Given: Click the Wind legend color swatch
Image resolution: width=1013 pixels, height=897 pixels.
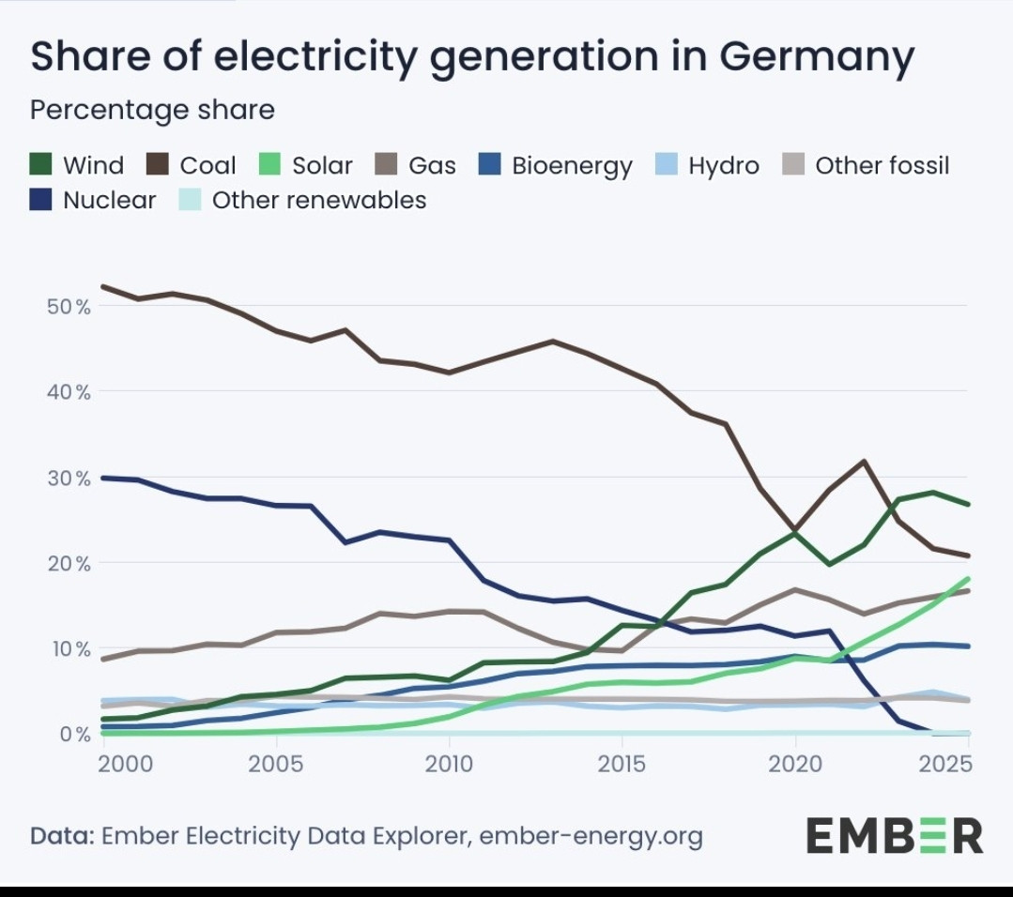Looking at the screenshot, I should pos(41,166).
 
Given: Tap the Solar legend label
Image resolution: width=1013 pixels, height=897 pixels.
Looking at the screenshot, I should pos(322,166).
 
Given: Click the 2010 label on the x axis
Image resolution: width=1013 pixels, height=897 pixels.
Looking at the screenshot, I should pos(449,763).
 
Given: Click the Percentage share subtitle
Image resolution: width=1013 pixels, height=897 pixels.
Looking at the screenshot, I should pos(152,110).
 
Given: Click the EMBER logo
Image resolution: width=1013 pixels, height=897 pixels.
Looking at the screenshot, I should pos(895,834).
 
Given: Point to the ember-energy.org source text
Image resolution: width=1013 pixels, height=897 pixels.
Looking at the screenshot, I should pos(591,835).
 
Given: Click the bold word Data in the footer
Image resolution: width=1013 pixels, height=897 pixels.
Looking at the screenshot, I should pos(60,835).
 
